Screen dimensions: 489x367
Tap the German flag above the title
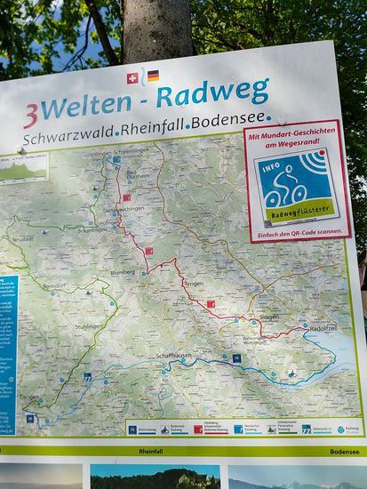[x=153, y=76]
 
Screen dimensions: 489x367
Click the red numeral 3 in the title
[x=30, y=114]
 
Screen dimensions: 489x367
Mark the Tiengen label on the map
[x=29, y=397]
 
